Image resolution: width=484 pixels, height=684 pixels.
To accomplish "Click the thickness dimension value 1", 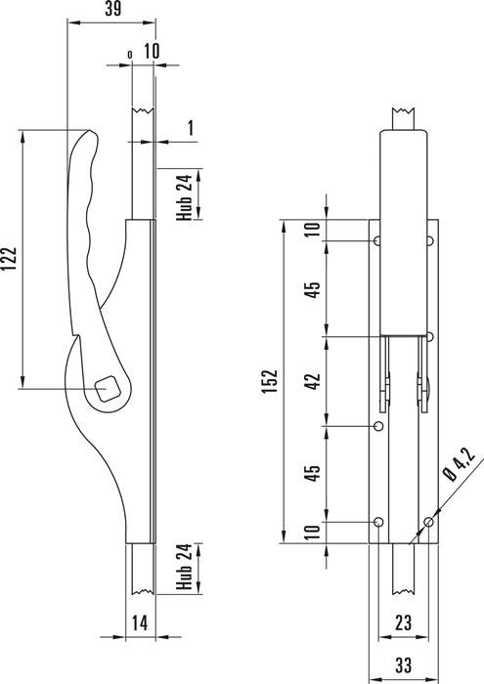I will point(192,127).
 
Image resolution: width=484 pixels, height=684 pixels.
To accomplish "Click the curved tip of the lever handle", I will point(83,136).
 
